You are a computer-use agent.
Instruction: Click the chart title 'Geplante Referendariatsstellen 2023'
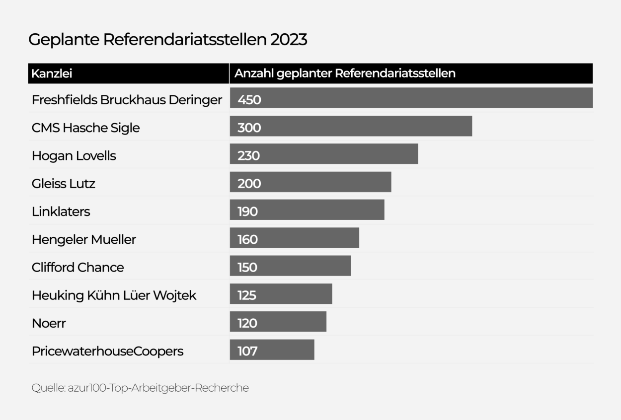[x=167, y=40]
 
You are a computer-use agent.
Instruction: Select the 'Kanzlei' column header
[x=52, y=73]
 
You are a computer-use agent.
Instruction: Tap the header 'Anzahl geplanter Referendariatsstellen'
[x=345, y=73]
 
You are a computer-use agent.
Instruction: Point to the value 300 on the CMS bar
[x=249, y=128]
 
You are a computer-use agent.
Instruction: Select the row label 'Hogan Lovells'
[x=74, y=156]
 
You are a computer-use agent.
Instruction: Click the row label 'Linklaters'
[x=61, y=211]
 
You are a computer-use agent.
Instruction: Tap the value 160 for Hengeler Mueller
[x=248, y=240]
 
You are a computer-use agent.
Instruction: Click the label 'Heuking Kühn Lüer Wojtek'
[x=114, y=295]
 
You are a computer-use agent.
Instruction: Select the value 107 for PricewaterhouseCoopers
[x=247, y=351]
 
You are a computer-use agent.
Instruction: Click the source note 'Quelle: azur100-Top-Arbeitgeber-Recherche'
[x=140, y=388]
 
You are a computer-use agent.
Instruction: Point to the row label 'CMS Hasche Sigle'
[x=86, y=128]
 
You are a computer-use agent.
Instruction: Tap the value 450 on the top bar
[x=249, y=100]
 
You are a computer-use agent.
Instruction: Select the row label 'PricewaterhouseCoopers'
[x=108, y=351]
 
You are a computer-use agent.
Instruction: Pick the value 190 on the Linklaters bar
[x=248, y=212]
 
